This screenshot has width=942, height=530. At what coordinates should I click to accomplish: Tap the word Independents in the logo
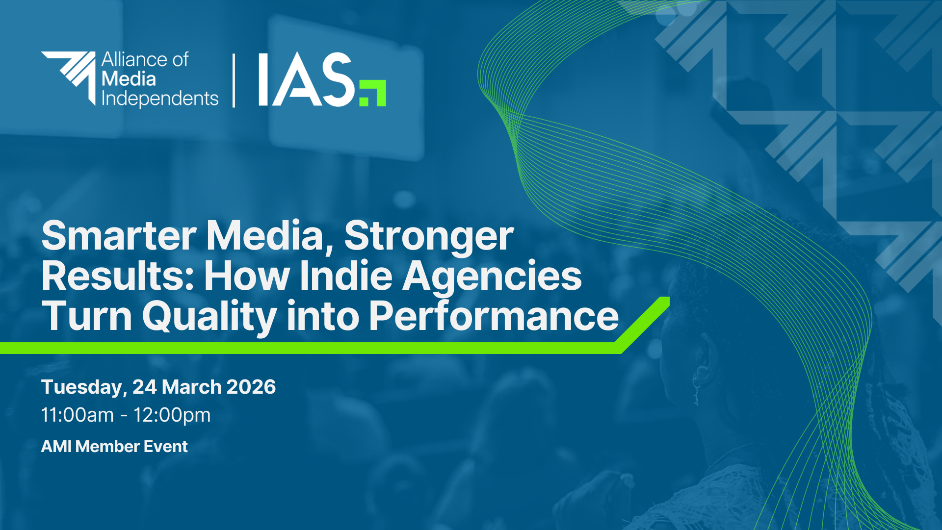pyautogui.click(x=159, y=99)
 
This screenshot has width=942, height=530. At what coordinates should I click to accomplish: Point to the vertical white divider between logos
pyautogui.click(x=234, y=80)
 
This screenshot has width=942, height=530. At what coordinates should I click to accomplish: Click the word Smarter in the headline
pyautogui.click(x=119, y=236)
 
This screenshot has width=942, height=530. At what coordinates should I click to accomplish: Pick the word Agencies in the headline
pyautogui.click(x=492, y=278)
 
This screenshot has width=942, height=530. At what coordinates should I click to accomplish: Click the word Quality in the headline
pyautogui.click(x=209, y=318)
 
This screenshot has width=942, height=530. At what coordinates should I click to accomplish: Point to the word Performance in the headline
pyautogui.click(x=494, y=316)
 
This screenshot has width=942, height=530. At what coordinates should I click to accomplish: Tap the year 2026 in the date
pyautogui.click(x=251, y=387)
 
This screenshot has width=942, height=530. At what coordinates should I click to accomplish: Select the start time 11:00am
pyautogui.click(x=78, y=415)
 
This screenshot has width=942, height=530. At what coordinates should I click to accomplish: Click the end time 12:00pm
pyautogui.click(x=172, y=416)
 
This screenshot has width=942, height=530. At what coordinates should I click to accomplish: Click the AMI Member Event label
pyautogui.click(x=114, y=447)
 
